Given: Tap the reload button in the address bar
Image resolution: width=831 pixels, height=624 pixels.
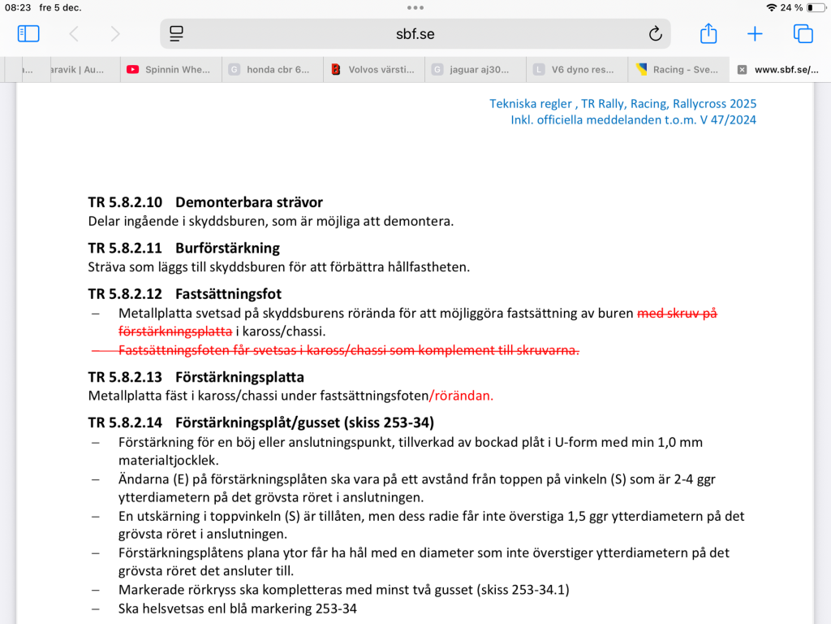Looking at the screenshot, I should tap(655, 34).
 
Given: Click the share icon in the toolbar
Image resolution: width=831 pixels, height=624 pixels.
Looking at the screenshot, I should tap(708, 34).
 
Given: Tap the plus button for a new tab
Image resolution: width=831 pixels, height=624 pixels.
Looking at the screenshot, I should tap(755, 34).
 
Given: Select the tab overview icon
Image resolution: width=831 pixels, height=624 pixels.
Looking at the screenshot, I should tap(803, 34).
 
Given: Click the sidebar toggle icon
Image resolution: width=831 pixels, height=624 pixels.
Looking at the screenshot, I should tap(28, 34).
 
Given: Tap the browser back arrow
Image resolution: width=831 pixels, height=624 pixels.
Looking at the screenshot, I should tap(74, 34).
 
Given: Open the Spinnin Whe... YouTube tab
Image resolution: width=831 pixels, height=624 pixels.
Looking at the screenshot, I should tap(170, 70).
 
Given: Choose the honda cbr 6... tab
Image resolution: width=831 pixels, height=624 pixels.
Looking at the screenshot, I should tap(272, 70).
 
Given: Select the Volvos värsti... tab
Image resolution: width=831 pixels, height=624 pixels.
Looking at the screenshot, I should tap(373, 70).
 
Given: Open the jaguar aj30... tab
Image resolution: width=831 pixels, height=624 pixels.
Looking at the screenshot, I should tap(475, 70).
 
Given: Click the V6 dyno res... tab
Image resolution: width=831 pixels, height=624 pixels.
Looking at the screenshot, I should tap(576, 70).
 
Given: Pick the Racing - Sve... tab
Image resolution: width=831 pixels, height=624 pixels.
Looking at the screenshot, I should tap(678, 70).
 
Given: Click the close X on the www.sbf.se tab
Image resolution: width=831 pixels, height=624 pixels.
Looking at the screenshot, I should tap(742, 70).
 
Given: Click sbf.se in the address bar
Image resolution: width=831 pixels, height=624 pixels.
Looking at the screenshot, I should tap(415, 34).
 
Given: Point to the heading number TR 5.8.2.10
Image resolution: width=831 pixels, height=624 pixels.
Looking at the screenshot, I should tap(125, 202).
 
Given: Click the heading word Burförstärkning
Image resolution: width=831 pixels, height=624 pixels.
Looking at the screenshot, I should tap(227, 248).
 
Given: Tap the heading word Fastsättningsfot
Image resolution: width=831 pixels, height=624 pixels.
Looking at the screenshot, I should tap(228, 293).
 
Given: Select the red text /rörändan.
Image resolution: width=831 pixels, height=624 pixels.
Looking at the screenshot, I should tap(461, 396).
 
